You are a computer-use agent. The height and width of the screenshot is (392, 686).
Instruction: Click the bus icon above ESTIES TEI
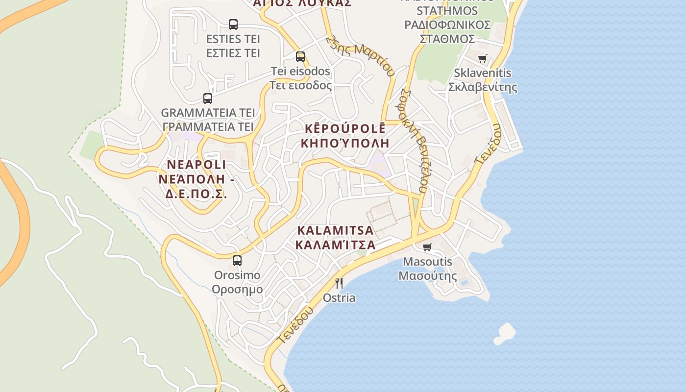[x=233, y=24]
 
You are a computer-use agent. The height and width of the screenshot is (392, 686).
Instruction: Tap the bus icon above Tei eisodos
[x=300, y=57]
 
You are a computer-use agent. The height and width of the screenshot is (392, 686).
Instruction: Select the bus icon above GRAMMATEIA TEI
[x=208, y=98]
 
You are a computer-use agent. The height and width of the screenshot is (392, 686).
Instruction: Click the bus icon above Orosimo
[x=237, y=261]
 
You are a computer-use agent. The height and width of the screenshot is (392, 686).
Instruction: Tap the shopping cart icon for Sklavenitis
[x=483, y=59]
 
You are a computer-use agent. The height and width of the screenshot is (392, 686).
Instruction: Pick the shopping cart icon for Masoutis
[x=427, y=247]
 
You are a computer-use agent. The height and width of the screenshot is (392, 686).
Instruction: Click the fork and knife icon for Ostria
[x=339, y=283]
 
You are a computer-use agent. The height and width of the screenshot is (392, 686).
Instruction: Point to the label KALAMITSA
[x=336, y=230]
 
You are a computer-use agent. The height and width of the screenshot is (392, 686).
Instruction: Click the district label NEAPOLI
[x=196, y=165]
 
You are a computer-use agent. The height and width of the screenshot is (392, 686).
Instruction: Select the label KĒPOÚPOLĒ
[x=345, y=128]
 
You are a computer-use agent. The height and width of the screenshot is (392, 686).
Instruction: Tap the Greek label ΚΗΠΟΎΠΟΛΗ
[x=345, y=143]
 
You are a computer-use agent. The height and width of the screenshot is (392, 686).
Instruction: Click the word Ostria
[x=339, y=298]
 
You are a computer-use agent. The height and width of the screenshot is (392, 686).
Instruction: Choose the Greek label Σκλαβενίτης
[x=483, y=87]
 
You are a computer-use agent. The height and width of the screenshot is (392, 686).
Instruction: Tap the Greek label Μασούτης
[x=427, y=275]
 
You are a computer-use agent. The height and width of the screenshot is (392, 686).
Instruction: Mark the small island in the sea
[x=505, y=334]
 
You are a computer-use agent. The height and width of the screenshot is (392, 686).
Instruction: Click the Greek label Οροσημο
[x=237, y=289]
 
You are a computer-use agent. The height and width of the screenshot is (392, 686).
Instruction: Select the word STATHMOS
[x=447, y=11]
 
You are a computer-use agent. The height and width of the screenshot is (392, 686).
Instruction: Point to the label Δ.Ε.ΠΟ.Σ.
[x=196, y=194]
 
